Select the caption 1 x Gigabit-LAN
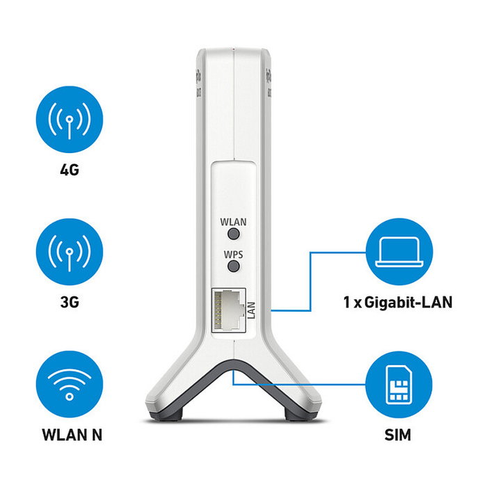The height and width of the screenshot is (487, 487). tap(398, 303)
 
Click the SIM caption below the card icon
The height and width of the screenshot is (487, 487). tap(398, 436)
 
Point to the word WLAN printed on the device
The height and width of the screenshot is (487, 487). tap(234, 222)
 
